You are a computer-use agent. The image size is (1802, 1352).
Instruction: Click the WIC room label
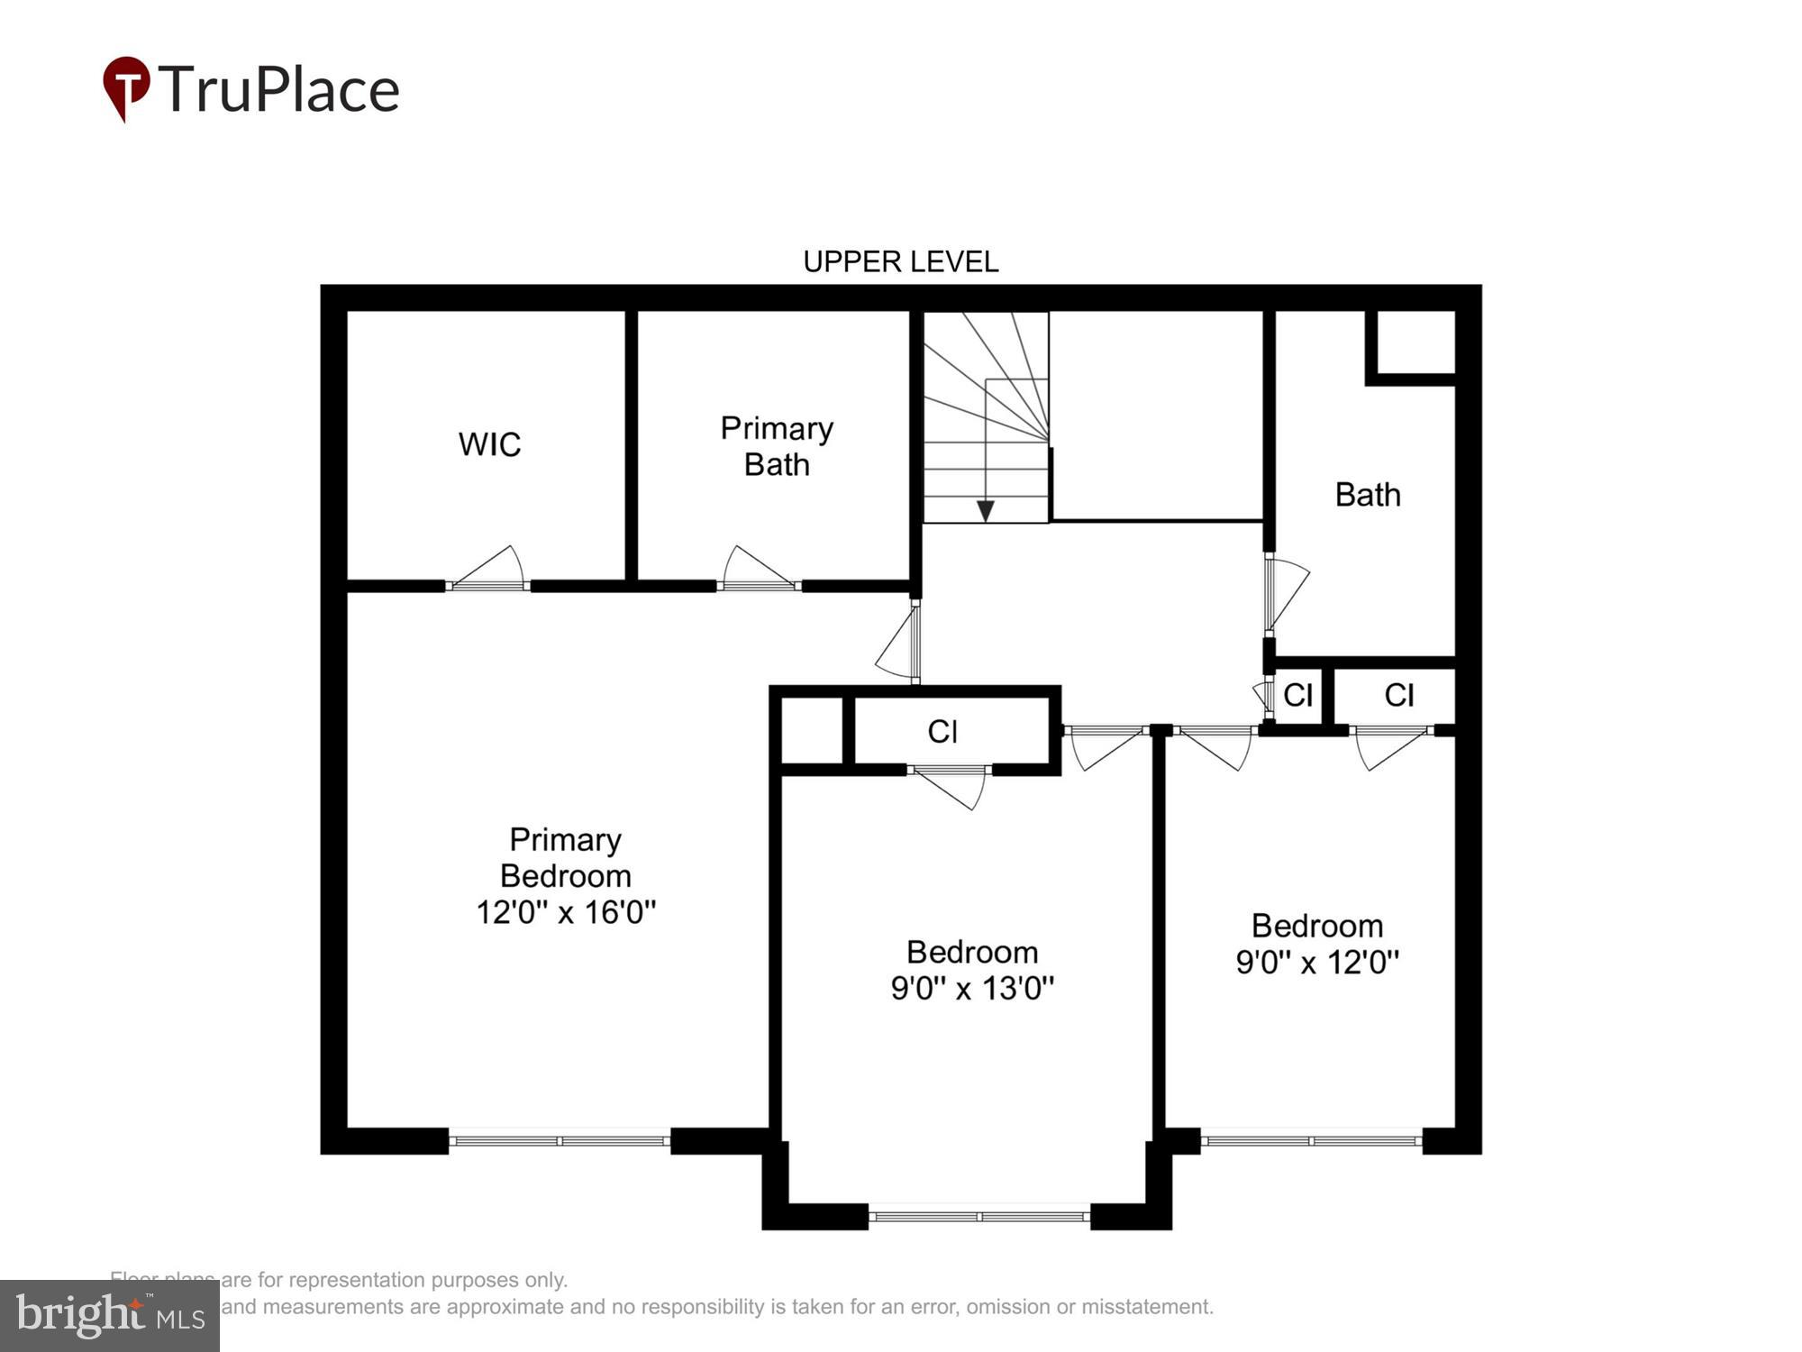tap(489, 444)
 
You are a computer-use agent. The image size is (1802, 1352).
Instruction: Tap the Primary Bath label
tap(777, 446)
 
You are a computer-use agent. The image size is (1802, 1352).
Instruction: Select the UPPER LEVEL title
tap(900, 262)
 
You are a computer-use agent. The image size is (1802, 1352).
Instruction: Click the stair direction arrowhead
tap(986, 511)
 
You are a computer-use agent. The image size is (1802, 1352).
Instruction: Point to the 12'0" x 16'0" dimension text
tap(566, 912)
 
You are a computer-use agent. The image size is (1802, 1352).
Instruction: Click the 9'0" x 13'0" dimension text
tap(972, 989)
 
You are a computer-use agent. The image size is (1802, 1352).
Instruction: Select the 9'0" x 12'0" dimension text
tap(1317, 963)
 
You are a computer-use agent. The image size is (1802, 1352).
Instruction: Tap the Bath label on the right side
tap(1367, 495)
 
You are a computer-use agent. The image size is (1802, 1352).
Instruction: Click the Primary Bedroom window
tap(560, 1141)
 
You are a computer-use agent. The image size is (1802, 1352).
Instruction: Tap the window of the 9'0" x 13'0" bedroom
tap(979, 1217)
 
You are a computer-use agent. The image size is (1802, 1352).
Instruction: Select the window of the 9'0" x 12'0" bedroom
tap(1311, 1141)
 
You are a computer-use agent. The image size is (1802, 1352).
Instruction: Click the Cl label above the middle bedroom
tap(942, 732)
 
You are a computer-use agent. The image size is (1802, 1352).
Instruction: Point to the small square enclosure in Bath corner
tap(1411, 343)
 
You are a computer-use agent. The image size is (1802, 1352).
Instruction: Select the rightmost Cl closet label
tap(1398, 695)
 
